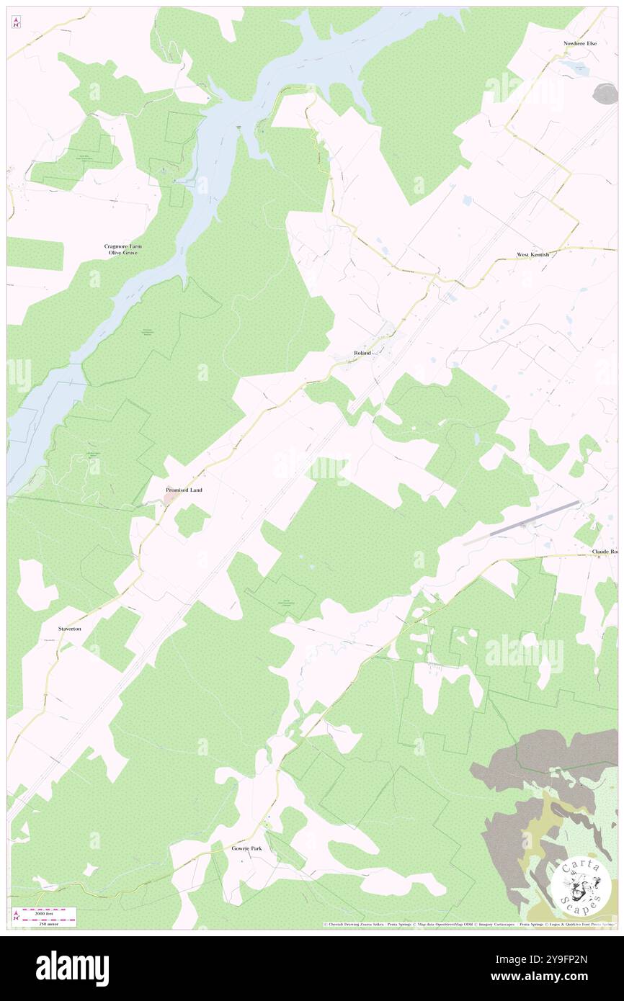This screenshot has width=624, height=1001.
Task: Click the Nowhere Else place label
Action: point(580,43)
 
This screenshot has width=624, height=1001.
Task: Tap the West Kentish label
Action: point(532,255)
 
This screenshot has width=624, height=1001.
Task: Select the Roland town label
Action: point(362,353)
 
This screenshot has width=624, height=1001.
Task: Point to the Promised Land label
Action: point(184,490)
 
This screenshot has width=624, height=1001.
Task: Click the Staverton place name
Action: point(70,629)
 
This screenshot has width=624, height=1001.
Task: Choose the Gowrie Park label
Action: point(246,848)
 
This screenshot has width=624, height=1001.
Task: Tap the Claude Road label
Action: point(605,552)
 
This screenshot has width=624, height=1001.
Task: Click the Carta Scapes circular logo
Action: point(581,886)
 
